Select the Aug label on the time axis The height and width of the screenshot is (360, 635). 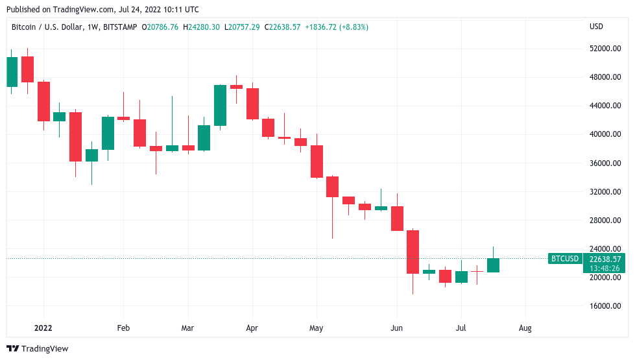point(525,328)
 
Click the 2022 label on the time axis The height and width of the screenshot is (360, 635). point(43,328)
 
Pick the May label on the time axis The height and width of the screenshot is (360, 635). point(316,328)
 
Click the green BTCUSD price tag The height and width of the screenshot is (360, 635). point(564,259)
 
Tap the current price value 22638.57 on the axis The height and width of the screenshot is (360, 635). point(606,259)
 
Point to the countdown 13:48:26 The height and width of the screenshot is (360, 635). point(606,268)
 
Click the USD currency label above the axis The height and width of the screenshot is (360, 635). point(596,27)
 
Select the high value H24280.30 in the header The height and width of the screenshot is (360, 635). point(201,27)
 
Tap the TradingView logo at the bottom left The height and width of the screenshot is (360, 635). point(38,349)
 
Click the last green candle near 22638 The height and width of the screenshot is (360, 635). point(493,265)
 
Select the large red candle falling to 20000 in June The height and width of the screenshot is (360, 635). point(413,252)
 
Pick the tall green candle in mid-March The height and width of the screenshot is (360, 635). point(221,105)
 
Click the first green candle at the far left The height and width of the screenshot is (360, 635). point(12,71)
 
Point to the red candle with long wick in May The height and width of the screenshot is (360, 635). point(332,187)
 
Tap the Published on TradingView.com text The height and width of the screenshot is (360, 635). point(102,10)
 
